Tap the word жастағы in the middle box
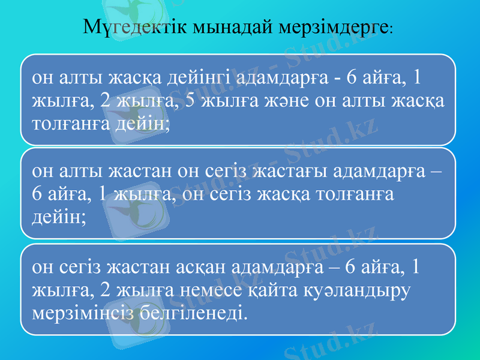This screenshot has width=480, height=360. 285,172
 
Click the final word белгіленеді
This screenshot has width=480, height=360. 191,313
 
